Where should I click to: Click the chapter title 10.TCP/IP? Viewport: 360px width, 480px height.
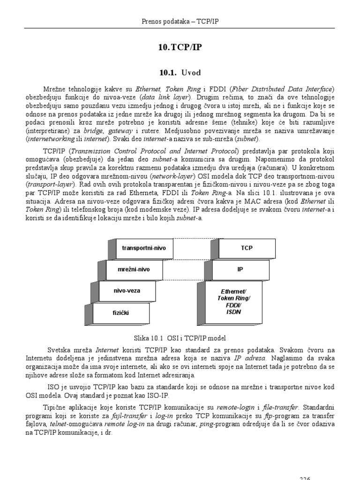click(x=180, y=48)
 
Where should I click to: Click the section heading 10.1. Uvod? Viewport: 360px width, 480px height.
click(x=180, y=72)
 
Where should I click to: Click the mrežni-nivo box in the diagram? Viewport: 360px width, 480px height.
click(x=134, y=270)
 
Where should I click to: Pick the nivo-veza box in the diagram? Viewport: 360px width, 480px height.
click(x=127, y=291)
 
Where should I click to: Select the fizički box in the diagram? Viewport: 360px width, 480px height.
click(x=120, y=312)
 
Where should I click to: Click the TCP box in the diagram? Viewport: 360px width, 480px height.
click(x=247, y=247)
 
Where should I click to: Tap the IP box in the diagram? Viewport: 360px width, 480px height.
click(x=240, y=270)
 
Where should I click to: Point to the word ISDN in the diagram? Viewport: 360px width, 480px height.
click(x=233, y=312)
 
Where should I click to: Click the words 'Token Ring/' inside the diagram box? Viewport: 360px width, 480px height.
click(x=233, y=298)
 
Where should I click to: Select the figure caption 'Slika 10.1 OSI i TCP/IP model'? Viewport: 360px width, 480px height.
click(x=180, y=338)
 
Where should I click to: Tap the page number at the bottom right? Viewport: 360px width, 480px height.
click(x=305, y=478)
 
